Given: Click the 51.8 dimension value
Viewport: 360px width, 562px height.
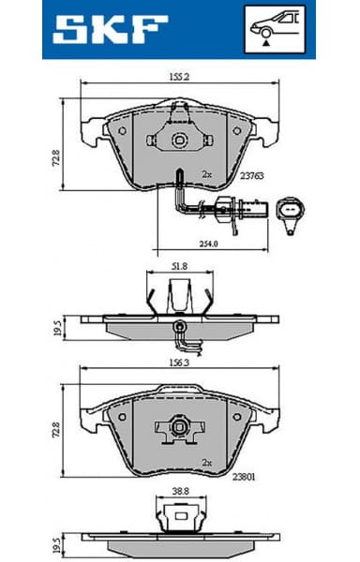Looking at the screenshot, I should coord(178,267).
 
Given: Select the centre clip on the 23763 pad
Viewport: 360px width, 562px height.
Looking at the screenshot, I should coord(178,138).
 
